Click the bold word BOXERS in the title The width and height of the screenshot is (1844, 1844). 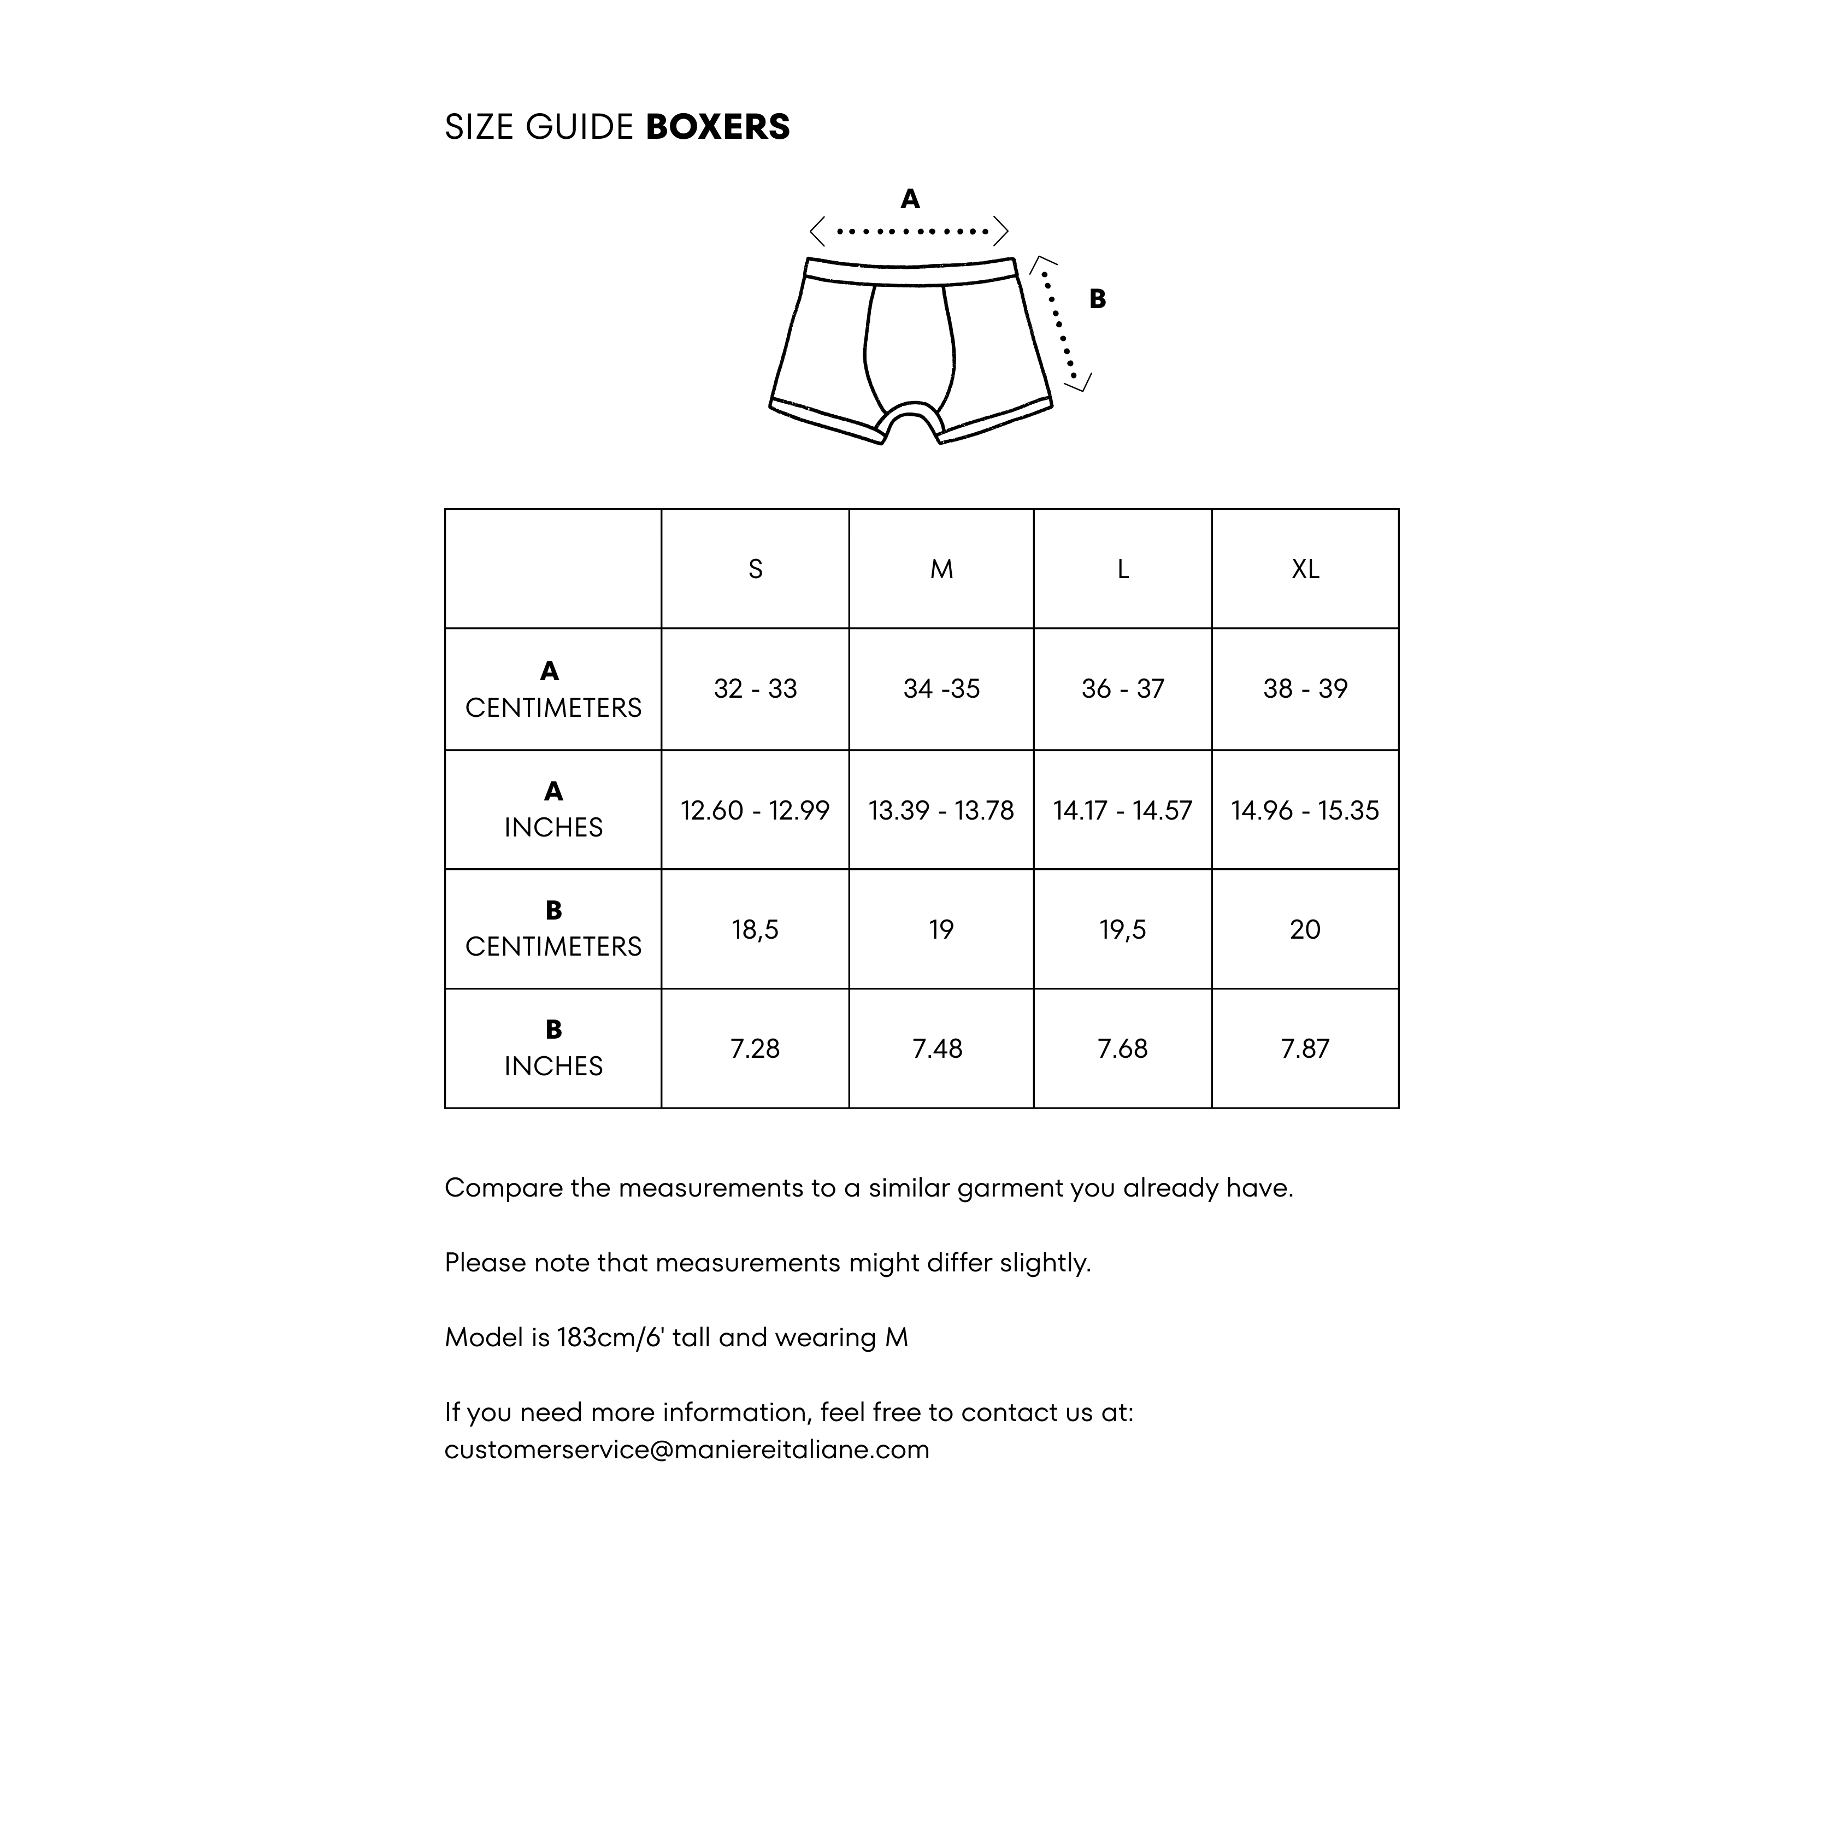click(718, 127)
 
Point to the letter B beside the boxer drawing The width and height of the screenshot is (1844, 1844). click(1098, 299)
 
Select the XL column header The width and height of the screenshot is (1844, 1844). click(1305, 569)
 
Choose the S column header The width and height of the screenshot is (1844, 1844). click(755, 569)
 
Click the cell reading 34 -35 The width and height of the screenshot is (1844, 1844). click(941, 688)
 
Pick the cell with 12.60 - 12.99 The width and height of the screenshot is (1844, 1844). click(755, 810)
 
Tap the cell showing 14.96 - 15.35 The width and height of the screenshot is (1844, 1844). click(1305, 810)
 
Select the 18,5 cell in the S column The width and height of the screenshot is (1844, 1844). click(755, 929)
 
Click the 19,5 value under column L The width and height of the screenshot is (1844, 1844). click(1122, 929)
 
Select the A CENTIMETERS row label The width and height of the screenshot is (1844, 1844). click(553, 689)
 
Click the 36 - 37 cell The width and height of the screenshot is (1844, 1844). click(1122, 688)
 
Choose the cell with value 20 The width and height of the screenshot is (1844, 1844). click(1305, 929)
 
